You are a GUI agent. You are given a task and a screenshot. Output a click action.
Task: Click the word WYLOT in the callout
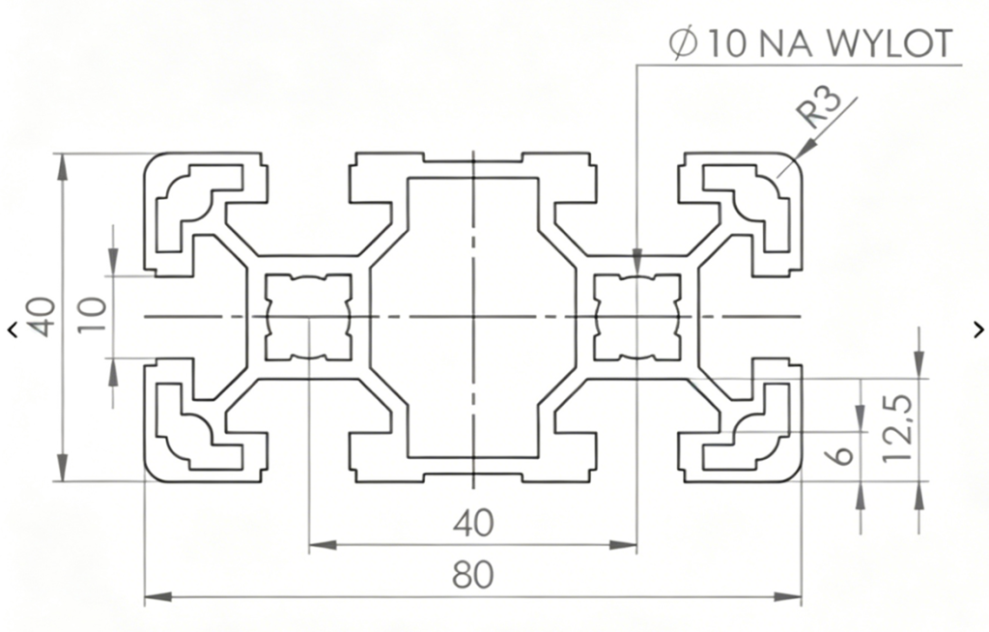(x=889, y=43)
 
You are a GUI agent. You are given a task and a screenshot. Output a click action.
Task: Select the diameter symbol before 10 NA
(x=685, y=44)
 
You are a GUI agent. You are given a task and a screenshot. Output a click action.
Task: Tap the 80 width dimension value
(x=473, y=575)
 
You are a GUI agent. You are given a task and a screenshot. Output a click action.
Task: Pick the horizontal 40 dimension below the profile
(x=473, y=523)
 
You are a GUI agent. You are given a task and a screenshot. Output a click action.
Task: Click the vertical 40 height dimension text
(x=42, y=316)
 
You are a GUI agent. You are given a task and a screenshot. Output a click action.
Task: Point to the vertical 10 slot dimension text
(x=92, y=316)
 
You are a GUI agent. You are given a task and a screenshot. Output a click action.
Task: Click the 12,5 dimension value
(x=898, y=427)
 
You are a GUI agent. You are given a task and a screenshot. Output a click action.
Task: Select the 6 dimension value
(x=842, y=455)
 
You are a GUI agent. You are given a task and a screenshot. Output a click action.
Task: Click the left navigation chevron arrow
(x=13, y=329)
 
